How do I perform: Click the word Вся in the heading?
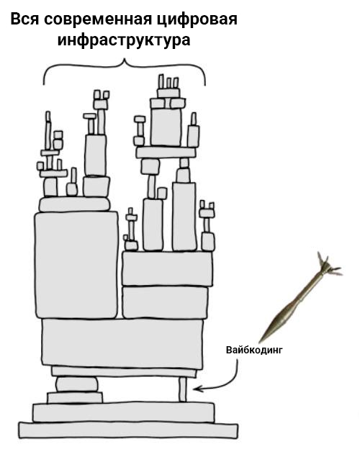(25, 19)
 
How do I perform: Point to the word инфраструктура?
(124, 40)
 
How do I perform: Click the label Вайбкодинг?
(254, 350)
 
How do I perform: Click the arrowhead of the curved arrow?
(196, 389)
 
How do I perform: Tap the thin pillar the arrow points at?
(182, 389)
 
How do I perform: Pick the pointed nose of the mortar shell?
(260, 342)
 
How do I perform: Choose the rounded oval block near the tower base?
(76, 384)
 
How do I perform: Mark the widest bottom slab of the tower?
(128, 430)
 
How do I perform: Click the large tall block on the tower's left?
(76, 266)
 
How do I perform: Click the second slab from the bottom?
(124, 412)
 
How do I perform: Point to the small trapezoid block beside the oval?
(75, 397)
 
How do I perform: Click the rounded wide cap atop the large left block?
(75, 204)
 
